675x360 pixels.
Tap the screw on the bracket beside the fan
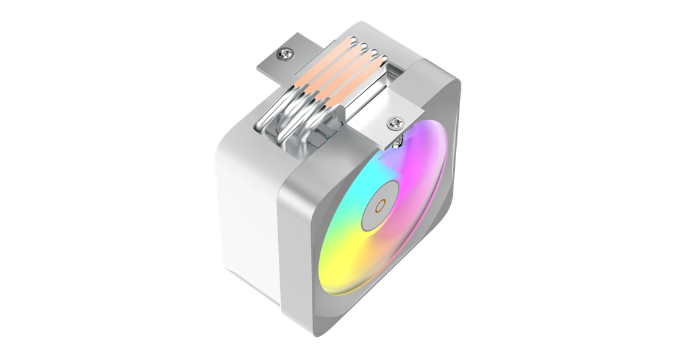click(394, 122)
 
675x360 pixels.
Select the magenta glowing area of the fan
click(422, 178)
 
